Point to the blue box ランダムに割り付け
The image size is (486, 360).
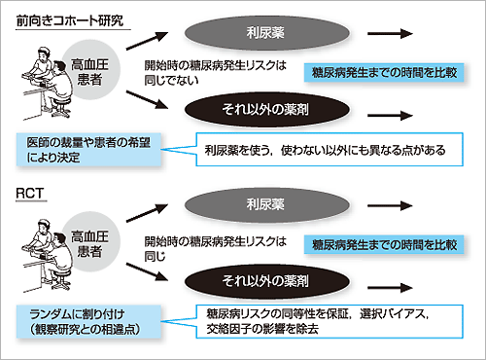pos(89,319)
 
